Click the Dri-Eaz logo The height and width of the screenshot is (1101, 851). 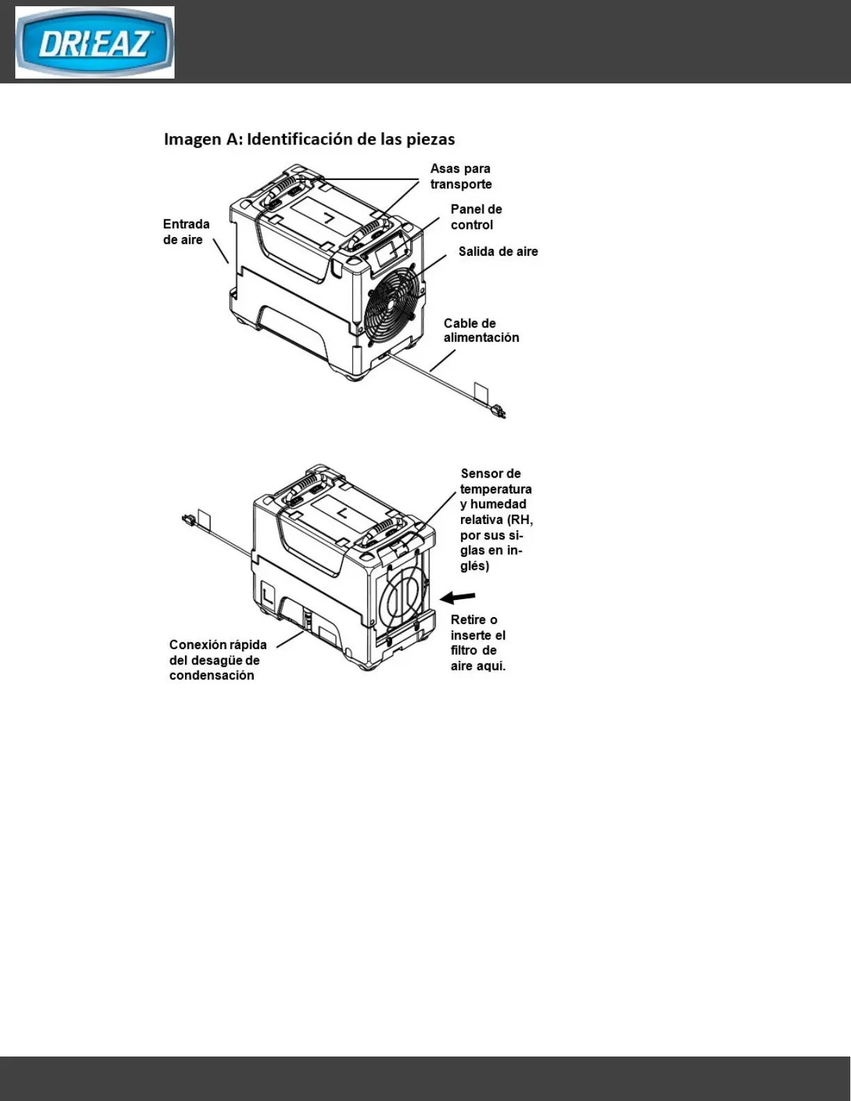[x=95, y=42]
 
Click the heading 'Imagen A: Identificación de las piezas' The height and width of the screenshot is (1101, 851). [x=309, y=139]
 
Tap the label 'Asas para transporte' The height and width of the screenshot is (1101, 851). [x=461, y=177]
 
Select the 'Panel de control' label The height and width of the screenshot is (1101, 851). [x=476, y=217]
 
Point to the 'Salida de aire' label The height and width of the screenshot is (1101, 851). [x=498, y=252]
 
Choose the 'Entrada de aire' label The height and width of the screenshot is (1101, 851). [x=186, y=232]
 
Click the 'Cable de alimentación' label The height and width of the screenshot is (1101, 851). [x=481, y=330]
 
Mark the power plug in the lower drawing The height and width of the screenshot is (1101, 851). [x=186, y=519]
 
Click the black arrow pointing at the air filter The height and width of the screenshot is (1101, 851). [x=458, y=597]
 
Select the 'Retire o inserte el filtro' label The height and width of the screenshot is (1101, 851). [x=478, y=643]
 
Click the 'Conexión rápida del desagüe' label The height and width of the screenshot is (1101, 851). [x=218, y=660]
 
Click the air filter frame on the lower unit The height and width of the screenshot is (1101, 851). [x=401, y=598]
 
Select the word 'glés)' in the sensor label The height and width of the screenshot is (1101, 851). [x=474, y=566]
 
